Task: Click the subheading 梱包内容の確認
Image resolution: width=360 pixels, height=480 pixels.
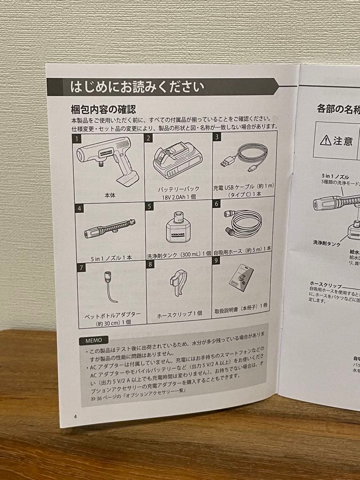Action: (103, 109)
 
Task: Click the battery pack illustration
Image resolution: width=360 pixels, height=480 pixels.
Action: (177, 160)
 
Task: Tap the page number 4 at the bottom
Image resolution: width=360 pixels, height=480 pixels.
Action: (76, 416)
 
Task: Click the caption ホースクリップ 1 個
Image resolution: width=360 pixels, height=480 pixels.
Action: (180, 314)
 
